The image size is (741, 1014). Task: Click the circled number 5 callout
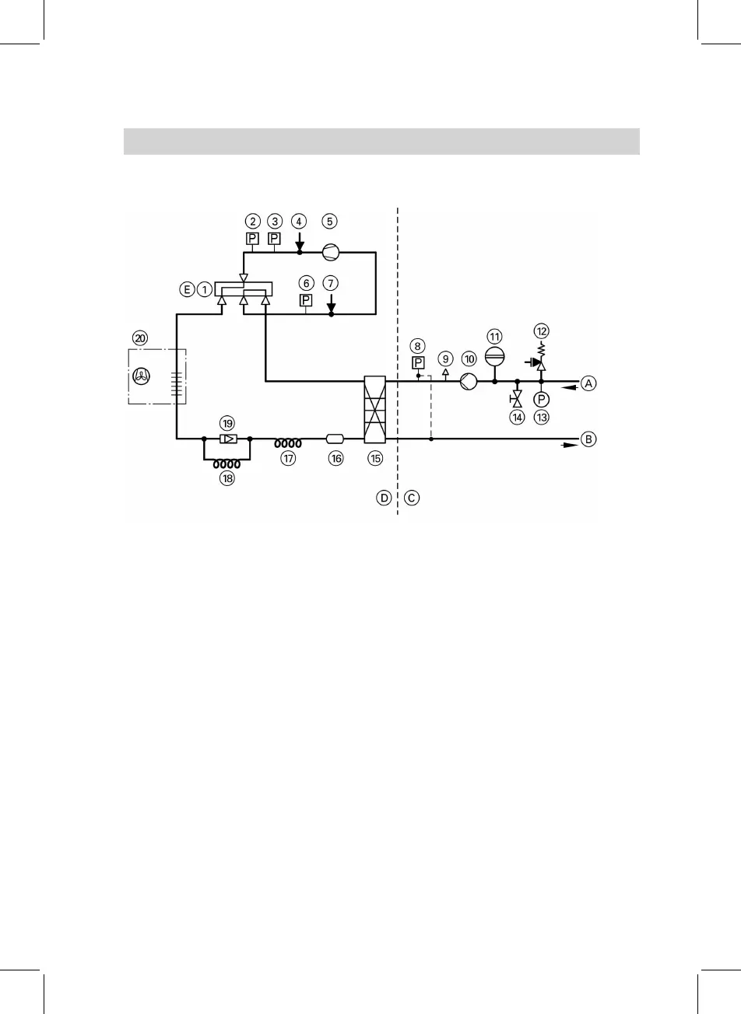[x=330, y=221]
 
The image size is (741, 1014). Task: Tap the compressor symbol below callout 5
[x=330, y=251]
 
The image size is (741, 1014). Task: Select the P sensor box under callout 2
[x=252, y=239]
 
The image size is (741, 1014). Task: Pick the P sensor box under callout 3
[x=274, y=239]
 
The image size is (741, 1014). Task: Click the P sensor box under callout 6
[x=307, y=299]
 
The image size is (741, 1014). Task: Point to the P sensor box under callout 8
[x=418, y=362]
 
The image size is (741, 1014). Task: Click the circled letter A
[x=589, y=383]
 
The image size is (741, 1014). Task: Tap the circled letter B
[x=589, y=439]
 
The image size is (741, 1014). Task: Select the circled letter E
[x=186, y=289]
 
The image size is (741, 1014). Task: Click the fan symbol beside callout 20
[x=141, y=376]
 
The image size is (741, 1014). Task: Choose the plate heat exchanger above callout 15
[x=375, y=411]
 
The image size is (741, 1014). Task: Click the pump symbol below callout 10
[x=469, y=382]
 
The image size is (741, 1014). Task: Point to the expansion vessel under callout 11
[x=495, y=356]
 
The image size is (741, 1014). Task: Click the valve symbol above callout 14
[x=516, y=399]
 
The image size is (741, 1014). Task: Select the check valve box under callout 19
[x=227, y=439]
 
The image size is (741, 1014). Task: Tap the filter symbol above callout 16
[x=335, y=439]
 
